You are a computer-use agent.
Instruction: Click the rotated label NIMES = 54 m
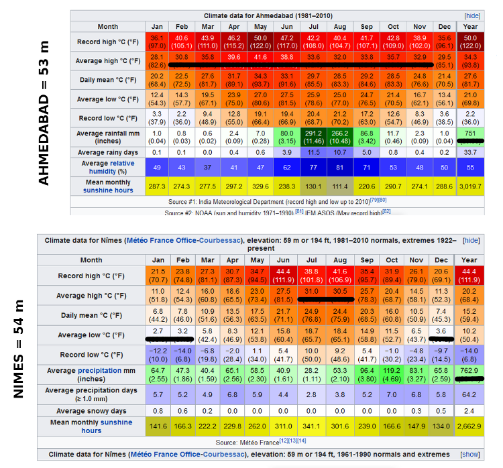[x=20, y=349]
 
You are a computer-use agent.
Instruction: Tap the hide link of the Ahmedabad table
[x=471, y=15]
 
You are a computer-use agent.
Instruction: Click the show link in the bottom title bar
[x=470, y=455]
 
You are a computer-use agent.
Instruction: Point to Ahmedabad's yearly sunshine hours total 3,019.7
[x=470, y=190]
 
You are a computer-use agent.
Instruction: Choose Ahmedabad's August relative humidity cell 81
[x=341, y=167]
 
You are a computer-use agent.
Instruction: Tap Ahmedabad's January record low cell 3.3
[x=158, y=118]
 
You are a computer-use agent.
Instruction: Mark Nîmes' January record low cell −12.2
[x=158, y=354]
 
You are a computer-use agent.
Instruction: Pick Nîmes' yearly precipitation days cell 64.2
[x=469, y=394]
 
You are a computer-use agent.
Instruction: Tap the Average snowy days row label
[x=91, y=410]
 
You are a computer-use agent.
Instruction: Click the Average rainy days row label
[x=108, y=152]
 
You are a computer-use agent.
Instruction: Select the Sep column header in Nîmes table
[x=366, y=260]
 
